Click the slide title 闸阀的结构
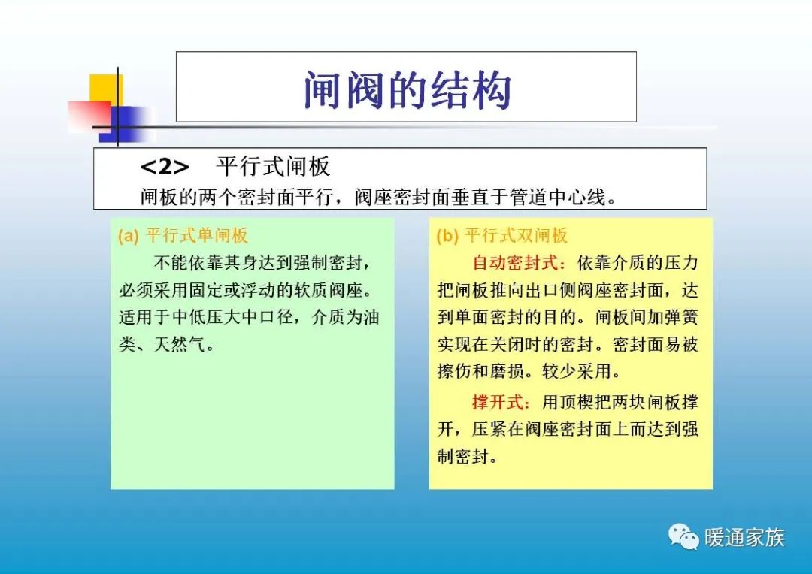407,91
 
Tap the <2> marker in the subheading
165,166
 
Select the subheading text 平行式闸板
273,166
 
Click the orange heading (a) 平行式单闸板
183,236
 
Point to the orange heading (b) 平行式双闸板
502,236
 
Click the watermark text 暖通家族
744,537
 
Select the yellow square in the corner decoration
103,87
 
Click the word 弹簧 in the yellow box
680,317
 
